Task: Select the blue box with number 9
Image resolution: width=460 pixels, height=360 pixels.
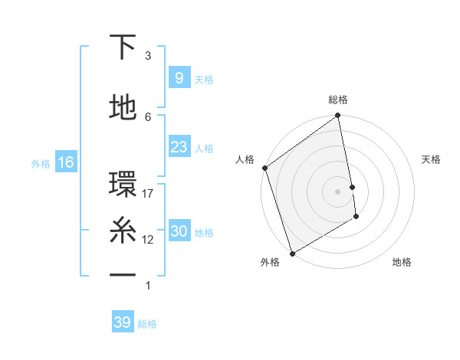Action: click(x=179, y=78)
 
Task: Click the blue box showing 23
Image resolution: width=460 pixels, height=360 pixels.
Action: click(x=179, y=147)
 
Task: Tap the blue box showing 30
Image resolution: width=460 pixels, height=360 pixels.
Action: click(x=179, y=231)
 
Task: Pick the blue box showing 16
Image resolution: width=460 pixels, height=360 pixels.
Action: click(x=65, y=162)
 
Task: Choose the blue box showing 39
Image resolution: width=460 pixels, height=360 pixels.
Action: click(x=122, y=322)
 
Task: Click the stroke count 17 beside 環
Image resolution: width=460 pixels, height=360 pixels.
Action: click(x=148, y=193)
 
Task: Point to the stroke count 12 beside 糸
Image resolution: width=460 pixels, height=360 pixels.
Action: click(x=148, y=239)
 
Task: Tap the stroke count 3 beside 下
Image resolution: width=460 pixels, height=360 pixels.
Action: click(x=148, y=55)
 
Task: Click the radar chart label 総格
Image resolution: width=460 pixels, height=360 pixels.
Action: click(x=338, y=100)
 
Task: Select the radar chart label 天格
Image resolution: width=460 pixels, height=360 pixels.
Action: click(x=432, y=159)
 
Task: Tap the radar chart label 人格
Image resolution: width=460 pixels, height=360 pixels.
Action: click(x=245, y=159)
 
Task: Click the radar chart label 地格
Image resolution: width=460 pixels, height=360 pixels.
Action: click(x=402, y=263)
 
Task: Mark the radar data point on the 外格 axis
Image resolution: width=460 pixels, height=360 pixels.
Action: click(x=291, y=254)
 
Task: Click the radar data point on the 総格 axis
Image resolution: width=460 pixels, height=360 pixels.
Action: click(x=338, y=116)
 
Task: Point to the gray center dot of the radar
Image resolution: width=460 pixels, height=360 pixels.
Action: click(x=338, y=191)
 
